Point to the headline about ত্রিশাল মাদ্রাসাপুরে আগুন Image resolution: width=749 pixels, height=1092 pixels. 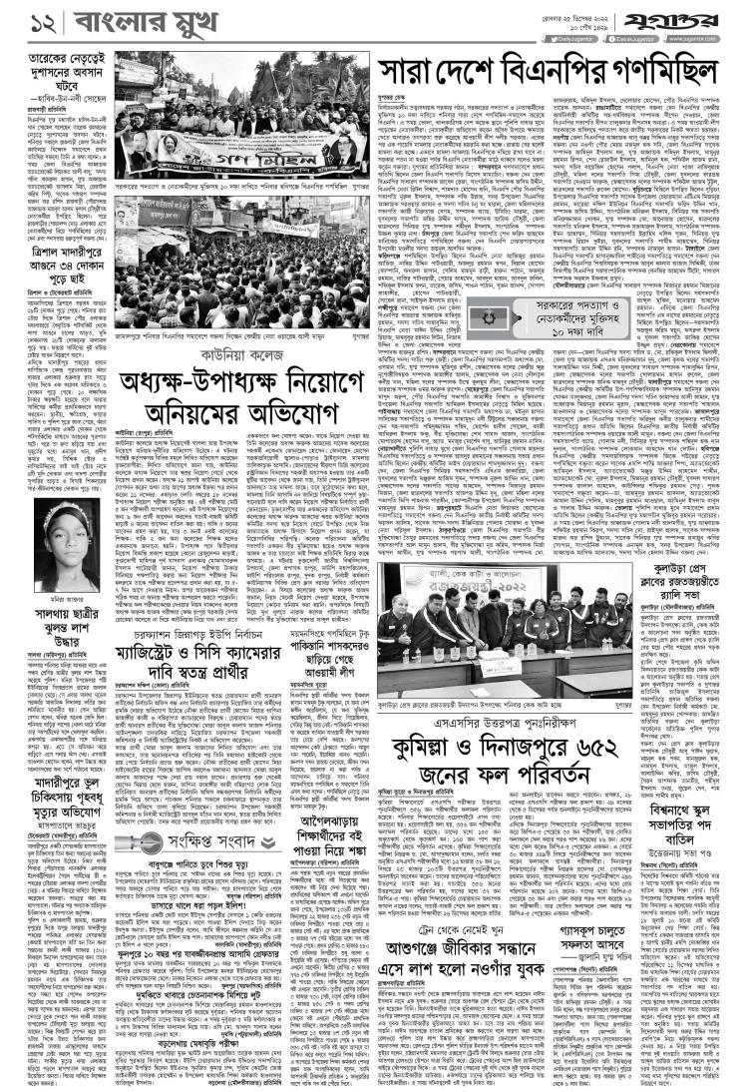[x=55, y=252]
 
